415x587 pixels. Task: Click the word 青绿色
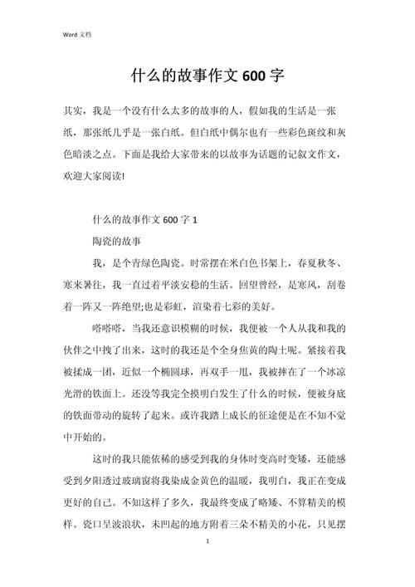[153, 263]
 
